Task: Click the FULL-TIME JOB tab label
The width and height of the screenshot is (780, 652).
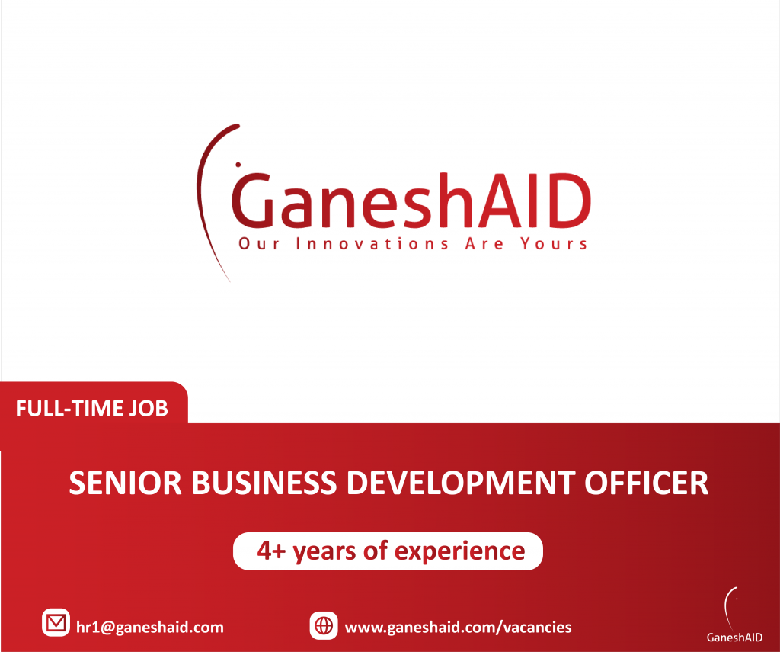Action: [91, 409]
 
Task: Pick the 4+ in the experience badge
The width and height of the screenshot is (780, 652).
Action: [270, 551]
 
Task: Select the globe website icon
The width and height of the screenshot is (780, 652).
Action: [324, 626]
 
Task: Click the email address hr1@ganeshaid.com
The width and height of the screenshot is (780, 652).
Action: [150, 627]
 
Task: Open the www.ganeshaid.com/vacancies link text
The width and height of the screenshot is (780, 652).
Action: [458, 627]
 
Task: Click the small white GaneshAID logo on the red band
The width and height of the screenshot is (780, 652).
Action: [734, 617]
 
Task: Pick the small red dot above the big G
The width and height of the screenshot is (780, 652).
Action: [238, 164]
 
